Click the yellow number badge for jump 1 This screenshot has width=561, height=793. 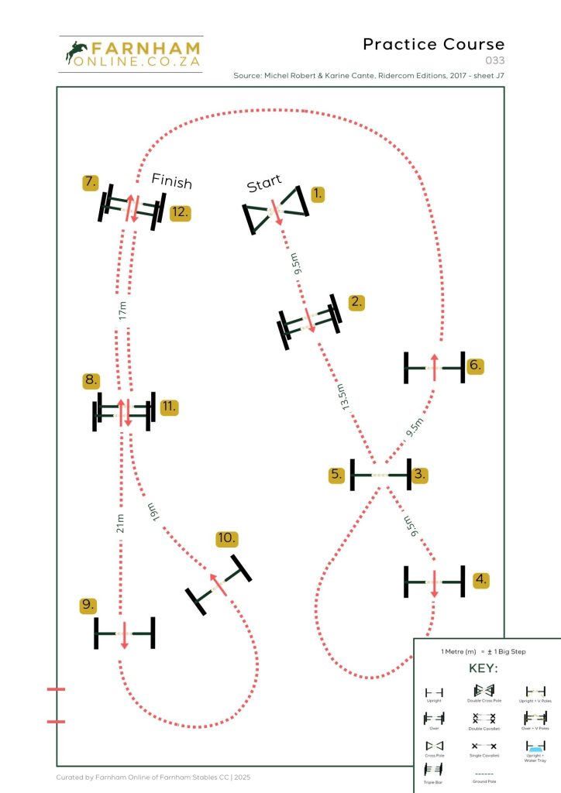(318, 194)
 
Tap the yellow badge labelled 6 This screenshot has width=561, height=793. (477, 366)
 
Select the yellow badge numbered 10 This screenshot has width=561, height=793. (227, 539)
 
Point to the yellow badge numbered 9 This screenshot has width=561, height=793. (89, 605)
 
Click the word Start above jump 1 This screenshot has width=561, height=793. (264, 184)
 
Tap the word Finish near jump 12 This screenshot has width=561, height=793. (171, 180)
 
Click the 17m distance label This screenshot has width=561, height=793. (122, 311)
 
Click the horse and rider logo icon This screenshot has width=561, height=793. (78, 53)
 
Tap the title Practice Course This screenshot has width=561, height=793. (433, 44)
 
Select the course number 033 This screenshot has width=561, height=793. (494, 60)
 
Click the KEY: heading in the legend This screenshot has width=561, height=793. (484, 668)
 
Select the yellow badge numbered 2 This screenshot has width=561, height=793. (356, 302)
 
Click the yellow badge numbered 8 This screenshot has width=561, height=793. (91, 380)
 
